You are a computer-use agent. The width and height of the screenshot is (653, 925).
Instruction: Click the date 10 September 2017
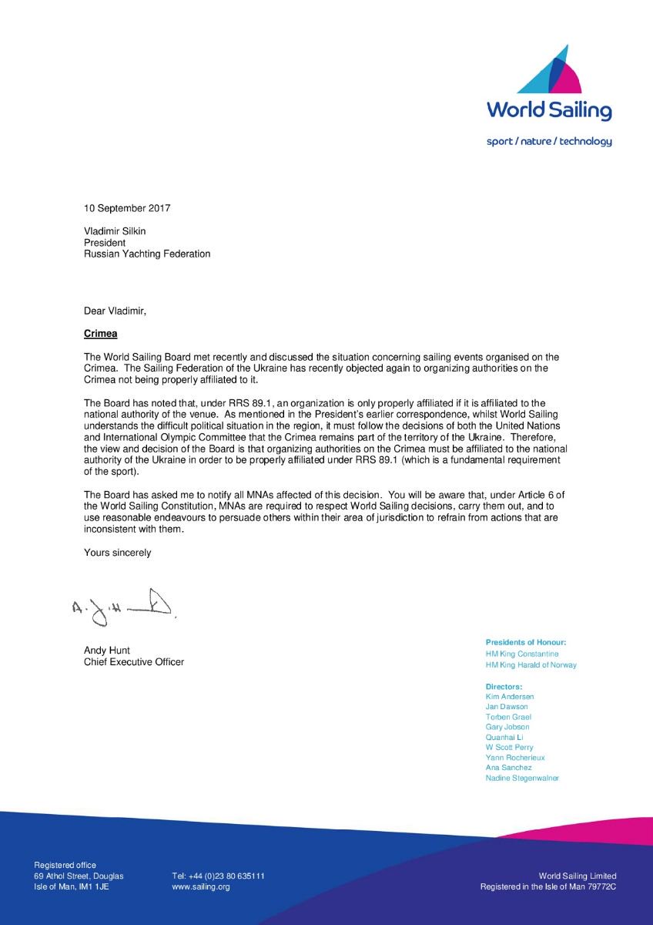click(127, 208)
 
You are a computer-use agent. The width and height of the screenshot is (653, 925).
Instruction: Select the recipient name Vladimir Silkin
click(116, 230)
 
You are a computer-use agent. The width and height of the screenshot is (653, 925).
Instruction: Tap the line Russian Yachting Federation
click(147, 254)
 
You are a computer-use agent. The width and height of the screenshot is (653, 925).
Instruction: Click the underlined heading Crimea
click(101, 335)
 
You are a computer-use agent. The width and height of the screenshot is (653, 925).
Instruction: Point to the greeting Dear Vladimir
click(115, 311)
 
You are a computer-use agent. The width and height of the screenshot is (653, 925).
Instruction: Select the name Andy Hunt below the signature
click(107, 651)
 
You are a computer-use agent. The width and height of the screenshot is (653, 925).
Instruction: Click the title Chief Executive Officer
click(134, 662)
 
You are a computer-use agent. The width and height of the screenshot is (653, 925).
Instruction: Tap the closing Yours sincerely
click(118, 553)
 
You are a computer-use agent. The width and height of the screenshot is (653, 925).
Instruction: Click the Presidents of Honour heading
click(526, 642)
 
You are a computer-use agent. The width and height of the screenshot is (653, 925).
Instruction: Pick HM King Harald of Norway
click(531, 665)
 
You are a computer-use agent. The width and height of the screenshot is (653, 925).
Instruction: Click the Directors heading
click(504, 686)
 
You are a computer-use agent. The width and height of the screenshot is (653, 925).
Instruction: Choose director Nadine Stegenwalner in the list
click(522, 779)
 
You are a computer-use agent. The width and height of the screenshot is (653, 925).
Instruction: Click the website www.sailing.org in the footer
click(201, 887)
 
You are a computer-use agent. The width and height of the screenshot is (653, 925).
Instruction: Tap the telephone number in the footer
click(219, 876)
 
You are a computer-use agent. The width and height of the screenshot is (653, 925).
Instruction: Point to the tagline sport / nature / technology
click(549, 141)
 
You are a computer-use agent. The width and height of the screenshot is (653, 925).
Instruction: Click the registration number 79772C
click(601, 887)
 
